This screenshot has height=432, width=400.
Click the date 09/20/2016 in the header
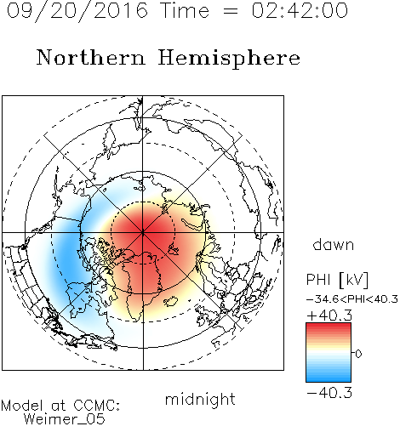[77, 11]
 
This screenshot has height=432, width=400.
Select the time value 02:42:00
[300, 10]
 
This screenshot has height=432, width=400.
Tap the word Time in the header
[185, 10]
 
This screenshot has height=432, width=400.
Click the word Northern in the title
[91, 57]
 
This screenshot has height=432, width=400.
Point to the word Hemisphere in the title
[229, 59]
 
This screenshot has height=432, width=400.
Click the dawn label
[334, 244]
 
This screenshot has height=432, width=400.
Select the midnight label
[200, 399]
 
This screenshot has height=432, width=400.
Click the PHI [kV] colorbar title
[337, 280]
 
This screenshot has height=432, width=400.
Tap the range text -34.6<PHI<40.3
[352, 299]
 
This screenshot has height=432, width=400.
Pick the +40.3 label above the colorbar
[329, 315]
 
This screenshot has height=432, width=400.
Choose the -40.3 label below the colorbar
[329, 393]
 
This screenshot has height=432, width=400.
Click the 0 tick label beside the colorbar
[358, 354]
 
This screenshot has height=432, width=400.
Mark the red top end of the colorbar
[329, 325]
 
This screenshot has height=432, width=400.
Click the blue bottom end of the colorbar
[329, 380]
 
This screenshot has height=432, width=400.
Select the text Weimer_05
[64, 419]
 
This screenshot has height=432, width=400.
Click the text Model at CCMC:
[60, 406]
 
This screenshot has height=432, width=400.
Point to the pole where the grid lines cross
[143, 232]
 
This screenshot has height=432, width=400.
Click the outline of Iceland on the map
[171, 301]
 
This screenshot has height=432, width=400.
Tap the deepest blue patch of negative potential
[67, 255]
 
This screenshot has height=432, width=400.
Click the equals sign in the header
[231, 11]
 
